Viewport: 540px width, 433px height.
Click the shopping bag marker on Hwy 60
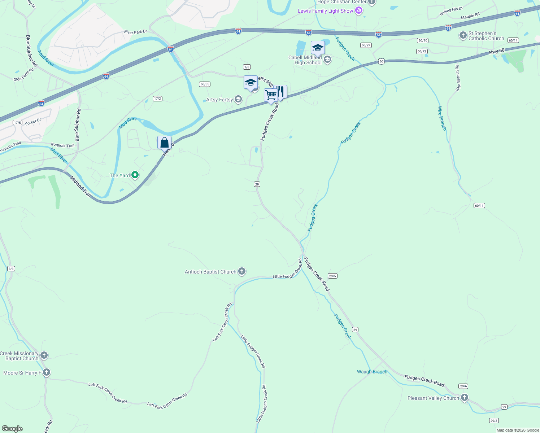tap(164, 143)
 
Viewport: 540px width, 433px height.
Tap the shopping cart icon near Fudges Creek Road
tap(271, 96)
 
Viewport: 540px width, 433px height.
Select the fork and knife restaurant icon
tap(280, 92)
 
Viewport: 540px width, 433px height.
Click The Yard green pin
tap(135, 175)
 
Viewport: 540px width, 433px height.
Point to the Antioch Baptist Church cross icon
tap(242, 271)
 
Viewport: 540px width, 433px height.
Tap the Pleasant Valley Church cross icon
tap(465, 398)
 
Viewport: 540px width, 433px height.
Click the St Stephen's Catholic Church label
tap(486, 36)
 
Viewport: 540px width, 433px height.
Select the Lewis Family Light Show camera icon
tap(358, 11)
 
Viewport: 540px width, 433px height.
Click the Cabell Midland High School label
tap(305, 60)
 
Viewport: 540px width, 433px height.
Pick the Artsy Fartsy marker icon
tap(238, 99)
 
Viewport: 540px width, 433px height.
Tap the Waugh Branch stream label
tap(372, 372)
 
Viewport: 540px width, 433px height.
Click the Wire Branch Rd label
tap(458, 78)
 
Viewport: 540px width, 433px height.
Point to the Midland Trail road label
tap(81, 186)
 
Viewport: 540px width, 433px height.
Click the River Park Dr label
tap(135, 32)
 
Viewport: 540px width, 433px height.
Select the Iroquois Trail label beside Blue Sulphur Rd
tap(62, 145)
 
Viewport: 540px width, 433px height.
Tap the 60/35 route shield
tap(204, 84)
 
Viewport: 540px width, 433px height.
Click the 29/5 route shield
tap(332, 276)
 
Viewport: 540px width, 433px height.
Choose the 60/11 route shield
tap(479, 206)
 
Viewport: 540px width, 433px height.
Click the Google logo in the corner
tap(12, 428)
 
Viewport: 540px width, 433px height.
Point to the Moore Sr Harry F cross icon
tap(46, 372)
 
